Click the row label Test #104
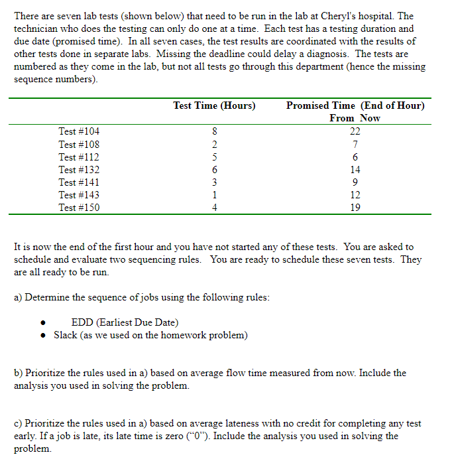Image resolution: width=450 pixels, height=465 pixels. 79,132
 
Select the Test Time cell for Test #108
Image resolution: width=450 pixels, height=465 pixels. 214,145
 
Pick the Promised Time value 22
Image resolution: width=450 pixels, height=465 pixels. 355,132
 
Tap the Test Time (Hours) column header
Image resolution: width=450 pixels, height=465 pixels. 214,105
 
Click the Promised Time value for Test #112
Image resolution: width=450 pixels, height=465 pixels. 355,157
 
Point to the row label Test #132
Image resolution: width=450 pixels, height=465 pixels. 79,170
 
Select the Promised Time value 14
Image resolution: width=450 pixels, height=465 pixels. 355,170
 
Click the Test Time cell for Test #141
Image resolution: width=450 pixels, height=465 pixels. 214,182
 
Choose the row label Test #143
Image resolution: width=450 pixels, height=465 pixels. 79,195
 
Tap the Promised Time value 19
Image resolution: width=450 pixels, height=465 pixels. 355,208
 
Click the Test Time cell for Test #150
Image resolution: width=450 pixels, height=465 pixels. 214,208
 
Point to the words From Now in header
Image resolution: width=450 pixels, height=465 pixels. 355,118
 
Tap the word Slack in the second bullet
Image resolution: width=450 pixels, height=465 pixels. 66,335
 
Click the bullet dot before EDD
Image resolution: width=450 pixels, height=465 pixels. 42,324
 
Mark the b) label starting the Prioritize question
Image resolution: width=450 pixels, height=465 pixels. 19,373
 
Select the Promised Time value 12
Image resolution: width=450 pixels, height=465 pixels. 355,195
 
